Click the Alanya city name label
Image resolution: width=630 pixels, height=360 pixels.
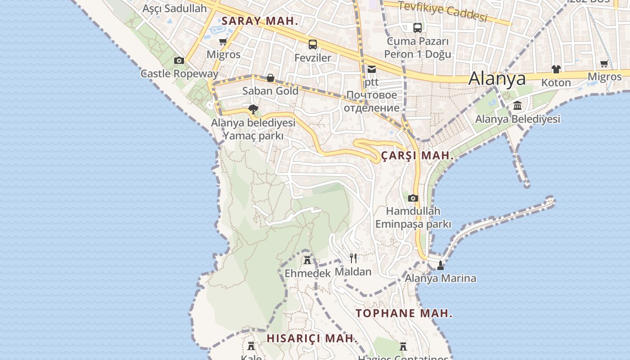point(497,79)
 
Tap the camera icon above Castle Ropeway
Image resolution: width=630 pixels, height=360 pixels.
point(179,60)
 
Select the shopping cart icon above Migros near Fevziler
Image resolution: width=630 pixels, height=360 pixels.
point(223,42)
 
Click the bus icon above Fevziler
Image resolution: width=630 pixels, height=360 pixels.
point(313,44)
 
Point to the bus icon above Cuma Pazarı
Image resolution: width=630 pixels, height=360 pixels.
point(418,27)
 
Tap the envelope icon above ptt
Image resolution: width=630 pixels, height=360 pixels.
point(372,69)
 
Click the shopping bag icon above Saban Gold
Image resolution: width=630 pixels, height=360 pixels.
point(270,78)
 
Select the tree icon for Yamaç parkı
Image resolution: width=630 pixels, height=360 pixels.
point(253,109)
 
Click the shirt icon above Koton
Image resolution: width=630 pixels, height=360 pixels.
point(556,69)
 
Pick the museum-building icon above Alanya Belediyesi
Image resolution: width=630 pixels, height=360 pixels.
point(517,106)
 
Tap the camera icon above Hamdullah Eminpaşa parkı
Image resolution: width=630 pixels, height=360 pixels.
point(413,198)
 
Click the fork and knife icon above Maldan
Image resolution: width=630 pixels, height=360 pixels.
point(353,258)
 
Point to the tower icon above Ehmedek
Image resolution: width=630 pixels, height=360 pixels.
point(307,260)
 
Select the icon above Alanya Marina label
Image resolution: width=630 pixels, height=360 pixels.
point(441,265)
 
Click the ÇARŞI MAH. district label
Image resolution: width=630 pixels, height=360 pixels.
point(417,156)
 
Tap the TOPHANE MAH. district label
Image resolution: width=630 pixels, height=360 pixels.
point(404,314)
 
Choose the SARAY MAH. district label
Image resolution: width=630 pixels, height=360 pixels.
point(260,21)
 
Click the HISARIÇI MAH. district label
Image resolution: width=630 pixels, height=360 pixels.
point(311,338)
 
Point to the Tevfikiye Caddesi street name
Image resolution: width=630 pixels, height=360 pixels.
point(443,12)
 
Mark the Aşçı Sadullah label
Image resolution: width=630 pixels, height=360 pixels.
point(175,8)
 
